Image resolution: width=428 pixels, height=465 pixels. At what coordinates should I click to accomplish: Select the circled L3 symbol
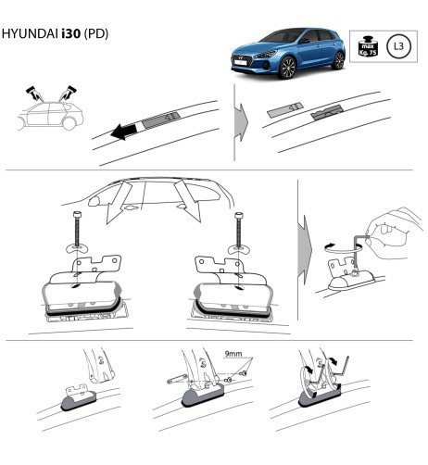pos(397,44)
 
